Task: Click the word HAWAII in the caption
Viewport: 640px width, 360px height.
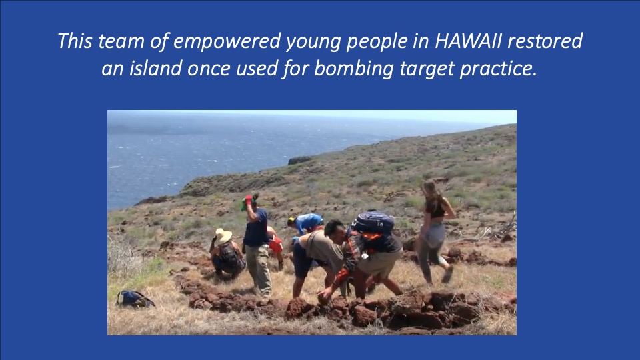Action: click(x=468, y=41)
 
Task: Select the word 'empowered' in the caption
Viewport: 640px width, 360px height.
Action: click(x=227, y=42)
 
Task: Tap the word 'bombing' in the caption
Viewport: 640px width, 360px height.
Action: click(x=354, y=69)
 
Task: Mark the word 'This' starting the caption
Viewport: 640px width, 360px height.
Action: click(x=75, y=41)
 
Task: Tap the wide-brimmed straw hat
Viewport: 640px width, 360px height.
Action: click(x=223, y=235)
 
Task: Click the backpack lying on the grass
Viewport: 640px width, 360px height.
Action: click(x=134, y=299)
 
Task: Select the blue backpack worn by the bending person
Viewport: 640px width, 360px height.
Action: click(x=373, y=223)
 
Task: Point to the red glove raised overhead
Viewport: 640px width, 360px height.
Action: click(x=248, y=199)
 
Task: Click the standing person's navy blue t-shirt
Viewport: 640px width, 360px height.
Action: click(x=256, y=227)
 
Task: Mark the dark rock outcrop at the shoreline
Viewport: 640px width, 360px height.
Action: click(x=300, y=160)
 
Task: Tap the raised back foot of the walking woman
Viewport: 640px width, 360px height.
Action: click(x=448, y=274)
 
